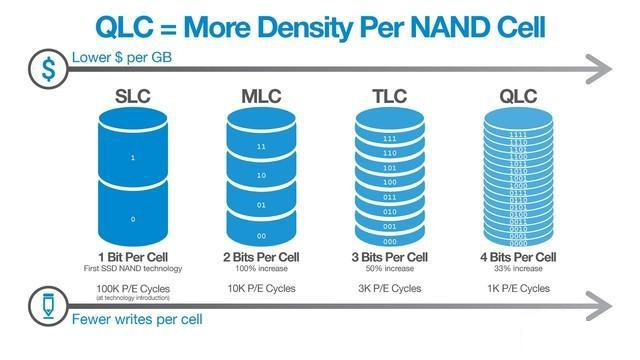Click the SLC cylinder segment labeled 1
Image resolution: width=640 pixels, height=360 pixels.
tap(133, 158)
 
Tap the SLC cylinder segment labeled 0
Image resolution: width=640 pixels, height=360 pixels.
tap(133, 217)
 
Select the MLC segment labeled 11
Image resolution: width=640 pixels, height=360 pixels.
tap(261, 146)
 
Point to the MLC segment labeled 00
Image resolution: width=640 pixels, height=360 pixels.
tap(261, 234)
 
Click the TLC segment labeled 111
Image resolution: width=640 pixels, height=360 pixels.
tap(390, 138)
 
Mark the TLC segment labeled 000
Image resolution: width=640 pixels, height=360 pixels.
tap(390, 241)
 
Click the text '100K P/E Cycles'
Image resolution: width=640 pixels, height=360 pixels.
tap(133, 288)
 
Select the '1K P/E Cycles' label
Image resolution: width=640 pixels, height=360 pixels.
tap(518, 288)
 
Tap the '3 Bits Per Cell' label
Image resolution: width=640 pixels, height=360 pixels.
tap(390, 258)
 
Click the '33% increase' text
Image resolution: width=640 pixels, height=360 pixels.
tap(518, 269)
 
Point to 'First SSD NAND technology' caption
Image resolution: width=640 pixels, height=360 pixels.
tap(133, 269)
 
